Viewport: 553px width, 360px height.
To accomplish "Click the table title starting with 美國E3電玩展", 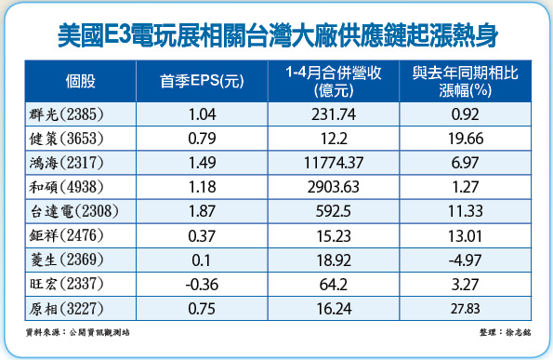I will pos(276,35).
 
